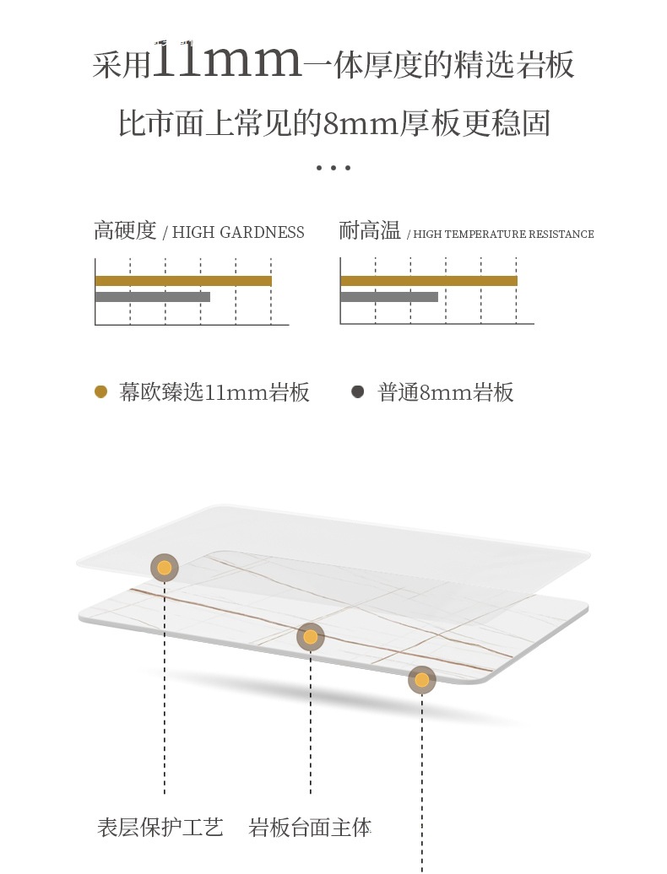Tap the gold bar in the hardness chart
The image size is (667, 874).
[183, 281]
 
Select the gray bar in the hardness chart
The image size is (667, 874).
[152, 297]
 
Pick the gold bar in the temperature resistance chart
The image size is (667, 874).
[428, 281]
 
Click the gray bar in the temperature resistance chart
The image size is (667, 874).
[388, 297]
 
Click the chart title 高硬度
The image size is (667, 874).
[125, 231]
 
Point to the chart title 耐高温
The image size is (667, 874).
[370, 231]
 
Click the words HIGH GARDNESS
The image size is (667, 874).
[238, 233]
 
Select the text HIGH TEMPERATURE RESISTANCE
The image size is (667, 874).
[504, 235]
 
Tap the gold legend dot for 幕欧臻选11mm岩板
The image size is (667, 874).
[101, 392]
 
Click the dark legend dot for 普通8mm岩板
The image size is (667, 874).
[358, 392]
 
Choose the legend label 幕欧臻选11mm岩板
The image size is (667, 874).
[214, 393]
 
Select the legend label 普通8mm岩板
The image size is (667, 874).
[446, 393]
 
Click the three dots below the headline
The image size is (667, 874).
[333, 168]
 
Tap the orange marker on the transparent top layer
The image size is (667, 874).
[164, 568]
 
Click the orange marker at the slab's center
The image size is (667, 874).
[310, 637]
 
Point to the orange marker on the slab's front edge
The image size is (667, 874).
[421, 679]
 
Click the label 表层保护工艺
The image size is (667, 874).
[160, 828]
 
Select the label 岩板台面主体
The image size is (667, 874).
[310, 828]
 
